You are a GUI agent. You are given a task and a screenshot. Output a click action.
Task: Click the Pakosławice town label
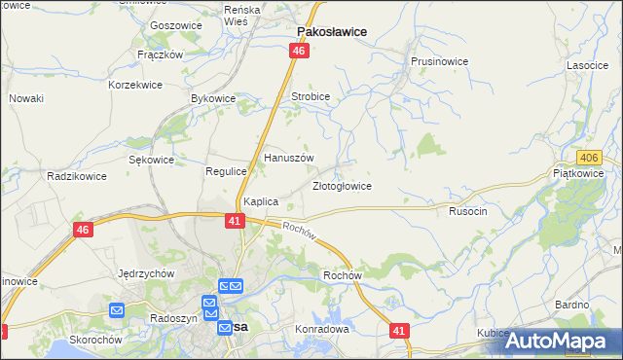coord(331,31)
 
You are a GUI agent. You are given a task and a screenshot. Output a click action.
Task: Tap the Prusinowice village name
coord(439,61)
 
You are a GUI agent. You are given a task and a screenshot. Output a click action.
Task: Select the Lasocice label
coord(588,65)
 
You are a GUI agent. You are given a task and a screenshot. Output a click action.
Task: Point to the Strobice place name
coord(311,97)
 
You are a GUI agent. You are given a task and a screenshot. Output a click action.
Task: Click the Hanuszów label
coord(289,157)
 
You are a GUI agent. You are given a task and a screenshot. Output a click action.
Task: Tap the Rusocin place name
coord(466,210)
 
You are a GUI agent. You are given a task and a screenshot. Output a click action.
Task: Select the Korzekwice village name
coord(135,86)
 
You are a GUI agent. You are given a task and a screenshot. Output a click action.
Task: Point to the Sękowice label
coord(151,160)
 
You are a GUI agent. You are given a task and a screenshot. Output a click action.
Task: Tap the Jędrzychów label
coord(145,273)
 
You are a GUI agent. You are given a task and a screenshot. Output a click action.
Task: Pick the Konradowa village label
coord(321,329)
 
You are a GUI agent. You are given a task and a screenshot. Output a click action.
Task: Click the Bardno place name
coord(572,305)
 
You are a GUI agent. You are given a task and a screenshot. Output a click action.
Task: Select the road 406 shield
coord(588,158)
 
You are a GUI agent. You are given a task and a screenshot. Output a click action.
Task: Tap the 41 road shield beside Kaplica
coord(235,222)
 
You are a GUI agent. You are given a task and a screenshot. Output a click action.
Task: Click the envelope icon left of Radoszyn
coord(117,310)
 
